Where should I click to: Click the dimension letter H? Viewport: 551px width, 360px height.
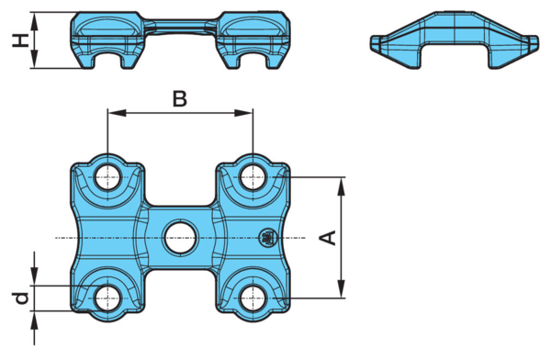[x=20, y=40]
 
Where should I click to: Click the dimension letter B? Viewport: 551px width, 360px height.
[x=180, y=99]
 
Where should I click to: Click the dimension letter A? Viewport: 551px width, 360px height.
[x=328, y=238]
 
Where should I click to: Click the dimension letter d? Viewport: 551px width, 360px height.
[x=22, y=298]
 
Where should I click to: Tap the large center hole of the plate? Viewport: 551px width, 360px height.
[x=180, y=238]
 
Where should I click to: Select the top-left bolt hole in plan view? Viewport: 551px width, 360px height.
[x=108, y=177]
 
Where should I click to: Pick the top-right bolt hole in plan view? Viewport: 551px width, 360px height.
[x=253, y=177]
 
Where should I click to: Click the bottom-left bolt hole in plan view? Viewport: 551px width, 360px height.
[x=108, y=298]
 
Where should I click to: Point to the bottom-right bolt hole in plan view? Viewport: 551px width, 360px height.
[x=253, y=298]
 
